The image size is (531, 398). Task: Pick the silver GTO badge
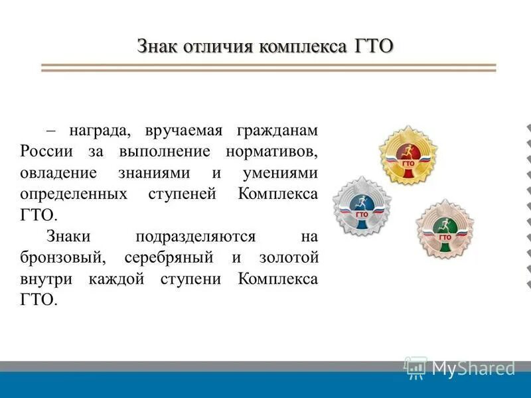coord(362,207)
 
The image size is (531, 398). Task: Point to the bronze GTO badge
coord(445,229)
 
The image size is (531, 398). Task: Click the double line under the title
coord(268,68)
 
